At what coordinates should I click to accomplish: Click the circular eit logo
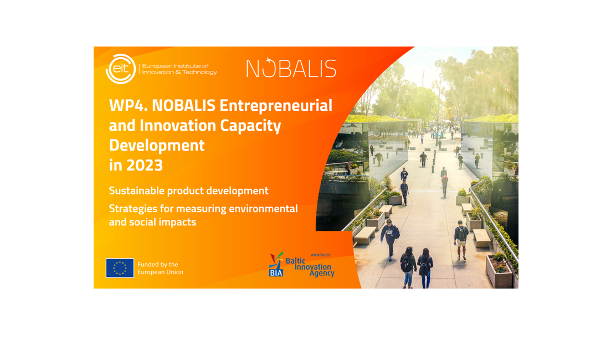pos(121,69)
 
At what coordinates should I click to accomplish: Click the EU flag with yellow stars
pos(120,268)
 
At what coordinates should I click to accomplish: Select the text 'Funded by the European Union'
pos(160,268)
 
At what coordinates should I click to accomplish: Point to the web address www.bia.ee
pos(320,255)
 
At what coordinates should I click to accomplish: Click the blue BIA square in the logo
pos(276,272)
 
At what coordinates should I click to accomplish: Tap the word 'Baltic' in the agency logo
pos(295,261)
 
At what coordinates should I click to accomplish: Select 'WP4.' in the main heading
pos(128,105)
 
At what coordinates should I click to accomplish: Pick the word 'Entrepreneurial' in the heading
pos(276,105)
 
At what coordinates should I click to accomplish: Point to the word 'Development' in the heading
pos(157,145)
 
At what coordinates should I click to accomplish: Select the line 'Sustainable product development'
pos(188,191)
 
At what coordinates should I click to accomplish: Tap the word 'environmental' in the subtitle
pos(263,208)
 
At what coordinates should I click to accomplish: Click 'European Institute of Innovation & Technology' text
pos(179,69)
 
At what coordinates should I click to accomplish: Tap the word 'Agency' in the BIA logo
pos(322,274)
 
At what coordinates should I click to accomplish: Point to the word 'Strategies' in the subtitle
pos(133,209)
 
